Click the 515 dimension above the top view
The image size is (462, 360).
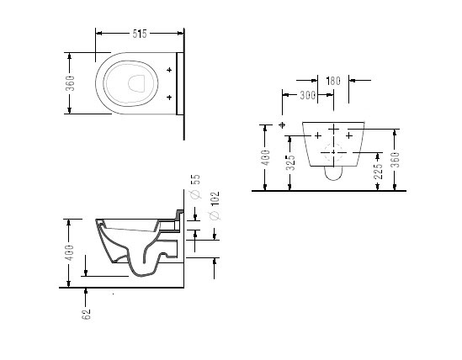click(140, 34)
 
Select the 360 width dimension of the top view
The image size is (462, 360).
click(71, 83)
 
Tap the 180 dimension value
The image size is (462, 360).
click(333, 81)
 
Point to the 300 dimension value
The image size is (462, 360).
click(308, 95)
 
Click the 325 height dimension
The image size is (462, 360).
click(290, 162)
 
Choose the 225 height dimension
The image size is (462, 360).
click(378, 171)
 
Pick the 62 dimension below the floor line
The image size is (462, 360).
click(86, 315)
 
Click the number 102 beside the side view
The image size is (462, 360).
click(215, 199)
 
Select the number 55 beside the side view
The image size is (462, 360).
click(195, 179)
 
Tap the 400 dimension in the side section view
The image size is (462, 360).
click(70, 252)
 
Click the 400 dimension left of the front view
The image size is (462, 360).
click(265, 157)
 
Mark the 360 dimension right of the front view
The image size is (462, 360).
click(396, 160)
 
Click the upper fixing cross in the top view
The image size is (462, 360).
click(169, 70)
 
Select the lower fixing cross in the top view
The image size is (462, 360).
click(169, 98)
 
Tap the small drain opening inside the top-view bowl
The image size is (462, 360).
click(136, 83)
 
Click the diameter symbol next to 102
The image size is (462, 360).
click(215, 215)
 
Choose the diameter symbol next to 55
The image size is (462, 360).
click(195, 194)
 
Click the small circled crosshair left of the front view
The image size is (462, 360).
click(282, 125)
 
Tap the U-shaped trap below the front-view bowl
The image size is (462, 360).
click(333, 180)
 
